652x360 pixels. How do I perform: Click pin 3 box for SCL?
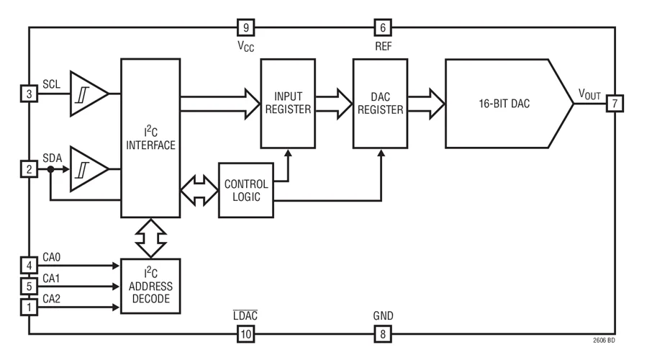(29, 94)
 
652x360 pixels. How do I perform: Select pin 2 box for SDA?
(29, 170)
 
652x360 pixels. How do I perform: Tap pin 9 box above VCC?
(245, 28)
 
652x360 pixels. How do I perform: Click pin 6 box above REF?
(382, 28)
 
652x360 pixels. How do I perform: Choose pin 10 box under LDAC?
(245, 333)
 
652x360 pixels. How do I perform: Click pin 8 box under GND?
(382, 333)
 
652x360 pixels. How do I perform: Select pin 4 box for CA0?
(29, 266)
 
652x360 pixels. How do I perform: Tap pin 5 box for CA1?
(29, 287)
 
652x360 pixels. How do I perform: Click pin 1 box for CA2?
(29, 307)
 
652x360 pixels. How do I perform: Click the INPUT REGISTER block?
(288, 103)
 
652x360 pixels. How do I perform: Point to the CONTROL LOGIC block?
(246, 190)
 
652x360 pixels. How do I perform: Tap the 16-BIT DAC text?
(504, 104)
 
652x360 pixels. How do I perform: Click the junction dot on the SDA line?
(50, 170)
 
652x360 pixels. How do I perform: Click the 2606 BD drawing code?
(604, 341)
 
